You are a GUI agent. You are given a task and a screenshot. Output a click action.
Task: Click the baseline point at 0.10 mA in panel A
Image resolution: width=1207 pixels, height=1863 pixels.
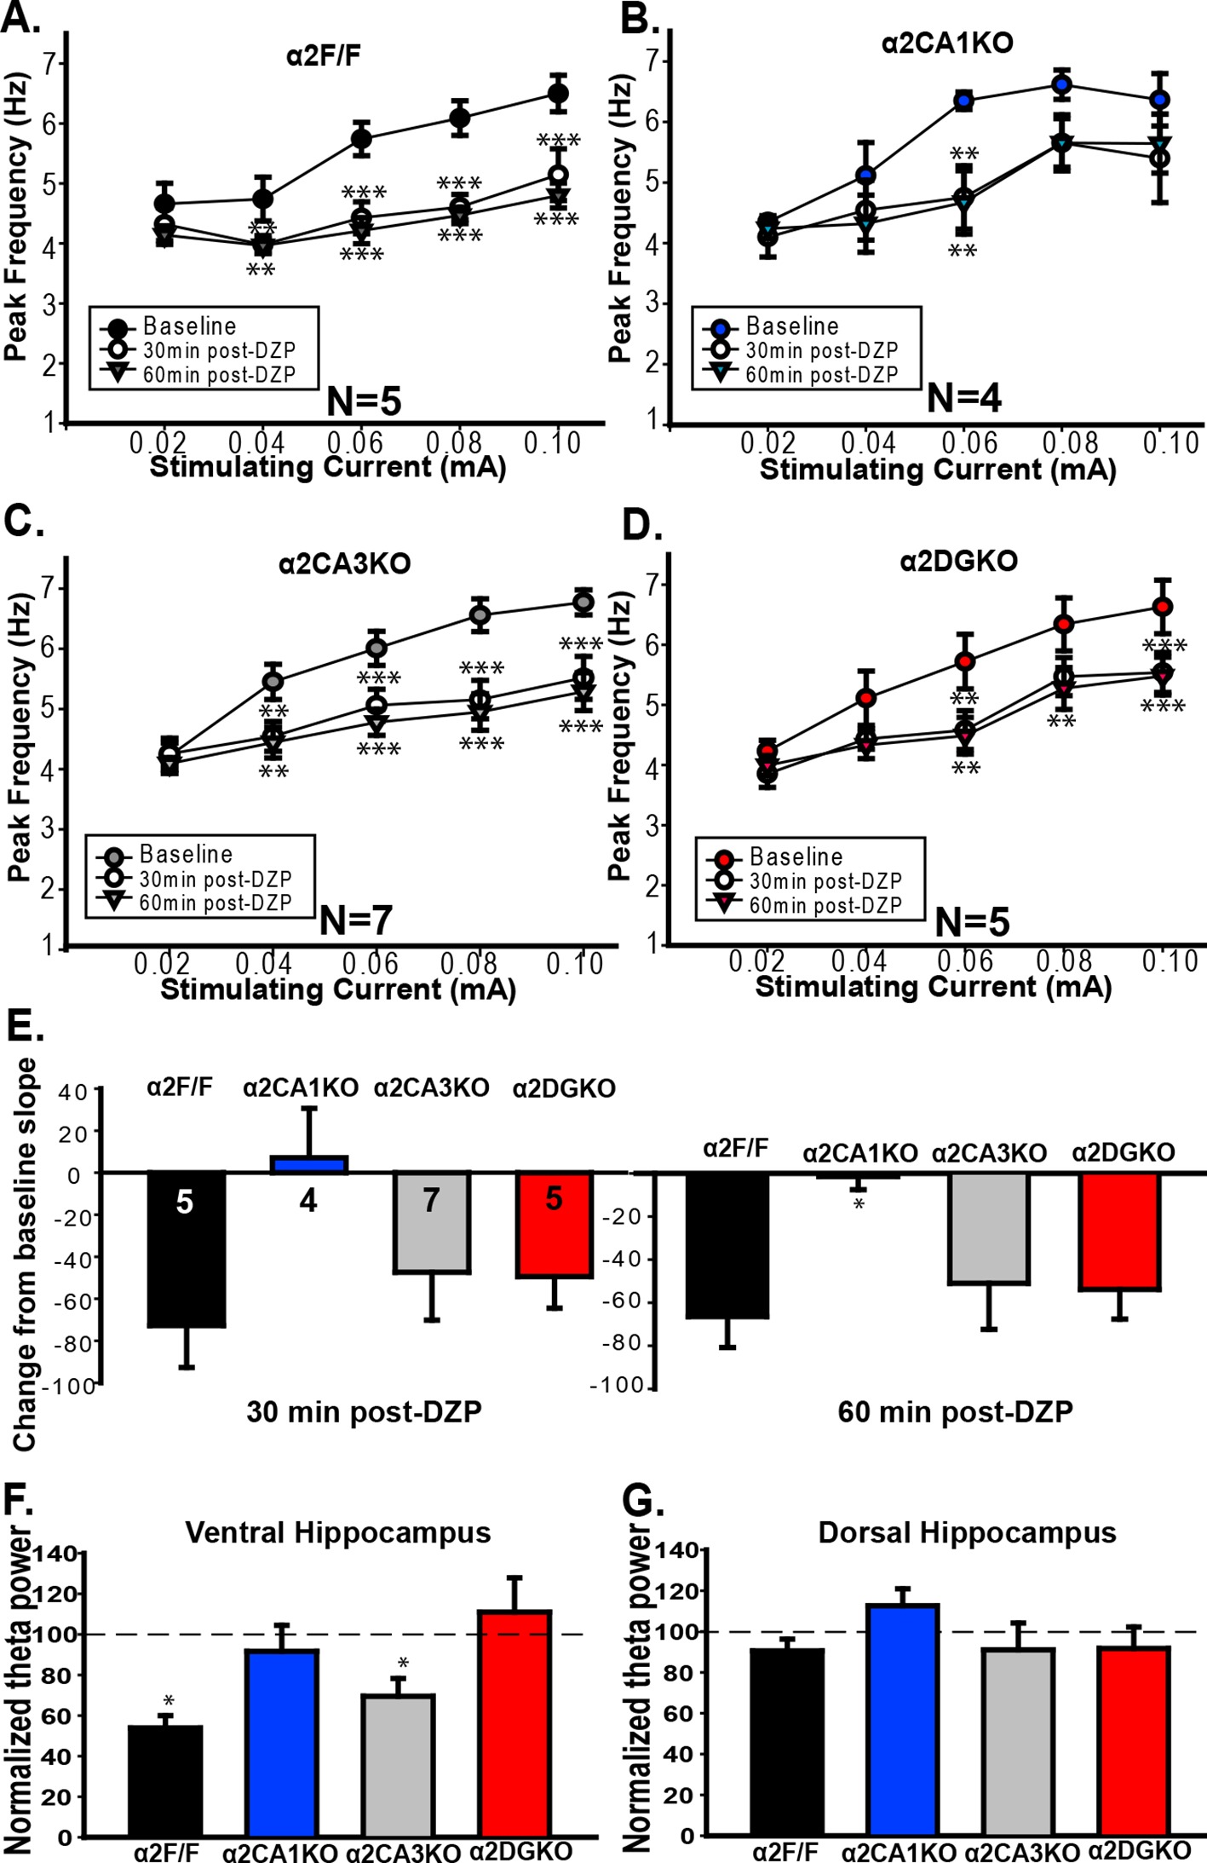coord(558,94)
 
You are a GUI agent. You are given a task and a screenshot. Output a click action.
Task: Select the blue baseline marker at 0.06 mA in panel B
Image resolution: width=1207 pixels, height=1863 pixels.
coord(964,101)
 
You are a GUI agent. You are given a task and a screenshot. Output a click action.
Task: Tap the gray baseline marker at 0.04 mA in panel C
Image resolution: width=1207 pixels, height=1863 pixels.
coord(273,681)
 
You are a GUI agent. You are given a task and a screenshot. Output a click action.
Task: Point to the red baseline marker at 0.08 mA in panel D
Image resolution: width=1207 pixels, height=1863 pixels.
coord(1063,624)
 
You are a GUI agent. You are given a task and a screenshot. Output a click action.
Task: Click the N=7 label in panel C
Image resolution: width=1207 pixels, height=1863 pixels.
coord(355,920)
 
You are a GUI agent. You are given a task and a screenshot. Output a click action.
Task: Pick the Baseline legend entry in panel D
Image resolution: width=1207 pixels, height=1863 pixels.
coord(796,857)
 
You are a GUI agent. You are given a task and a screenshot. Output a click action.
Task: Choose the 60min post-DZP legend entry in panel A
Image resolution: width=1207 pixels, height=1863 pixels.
coord(219,375)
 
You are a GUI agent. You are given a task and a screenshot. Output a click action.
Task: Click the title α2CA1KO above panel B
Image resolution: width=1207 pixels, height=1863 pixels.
coord(947,43)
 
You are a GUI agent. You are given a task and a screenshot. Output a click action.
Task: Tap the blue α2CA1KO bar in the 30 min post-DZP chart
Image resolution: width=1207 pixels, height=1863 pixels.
coord(308,1165)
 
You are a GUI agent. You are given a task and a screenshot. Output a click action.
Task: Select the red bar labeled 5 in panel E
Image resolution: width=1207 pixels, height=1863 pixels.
coord(554,1224)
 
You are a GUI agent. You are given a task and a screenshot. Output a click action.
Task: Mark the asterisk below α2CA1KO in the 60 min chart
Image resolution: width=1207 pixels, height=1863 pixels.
coord(859,1205)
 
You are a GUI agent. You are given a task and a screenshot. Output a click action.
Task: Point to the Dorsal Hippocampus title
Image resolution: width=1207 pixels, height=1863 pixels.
coord(967,1532)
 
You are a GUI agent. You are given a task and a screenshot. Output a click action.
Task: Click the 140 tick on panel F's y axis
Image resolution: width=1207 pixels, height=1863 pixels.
coord(58,1554)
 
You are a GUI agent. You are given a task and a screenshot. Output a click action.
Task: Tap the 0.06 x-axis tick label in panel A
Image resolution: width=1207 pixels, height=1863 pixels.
coord(355,442)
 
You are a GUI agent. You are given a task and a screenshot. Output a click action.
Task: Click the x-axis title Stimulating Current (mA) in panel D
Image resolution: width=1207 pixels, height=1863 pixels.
coord(934,987)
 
